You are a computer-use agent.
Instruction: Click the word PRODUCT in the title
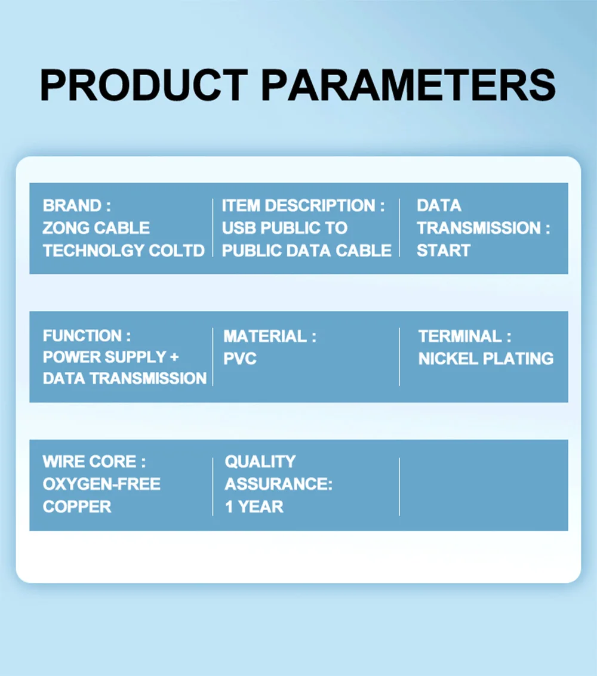click(x=144, y=85)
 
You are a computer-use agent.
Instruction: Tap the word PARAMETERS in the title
click(x=408, y=85)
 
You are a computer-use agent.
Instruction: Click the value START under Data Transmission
click(x=444, y=251)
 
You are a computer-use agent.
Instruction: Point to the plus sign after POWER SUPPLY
click(x=174, y=357)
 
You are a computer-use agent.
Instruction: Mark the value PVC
click(x=240, y=359)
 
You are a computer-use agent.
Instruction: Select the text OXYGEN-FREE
click(x=101, y=484)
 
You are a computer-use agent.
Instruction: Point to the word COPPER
click(x=77, y=507)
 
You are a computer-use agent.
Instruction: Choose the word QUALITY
click(x=260, y=462)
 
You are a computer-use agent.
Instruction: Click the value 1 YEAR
click(x=254, y=507)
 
